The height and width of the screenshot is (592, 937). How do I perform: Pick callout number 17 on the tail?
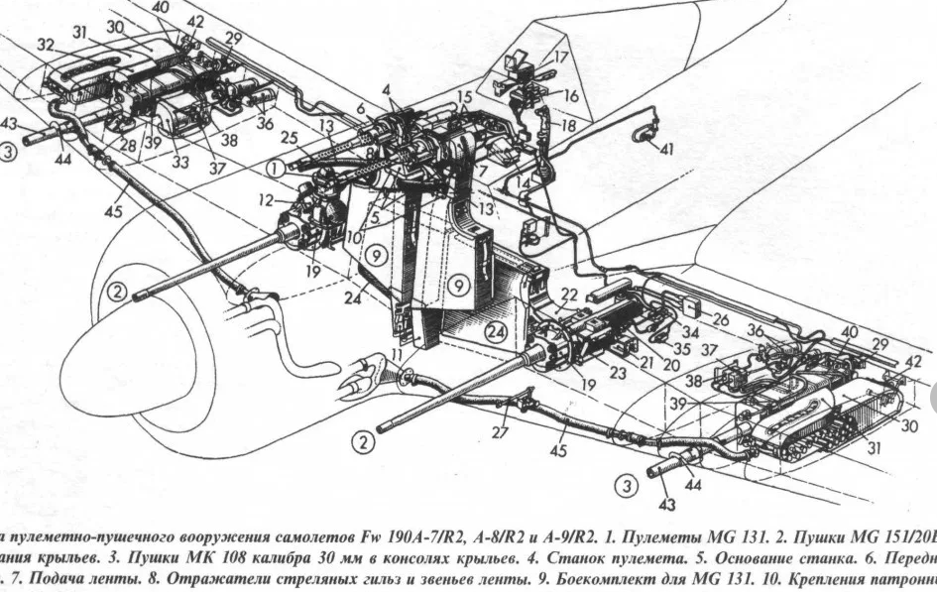click(561, 58)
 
